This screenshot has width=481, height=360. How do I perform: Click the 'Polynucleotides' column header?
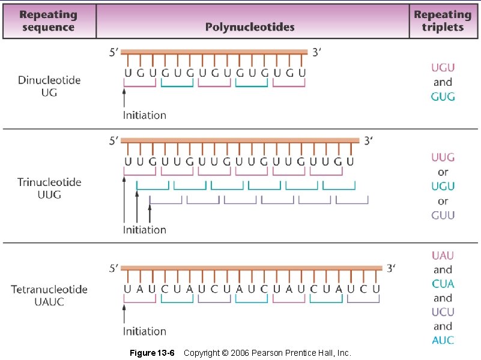coord(250,27)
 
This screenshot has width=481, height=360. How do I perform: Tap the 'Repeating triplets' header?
coord(443,21)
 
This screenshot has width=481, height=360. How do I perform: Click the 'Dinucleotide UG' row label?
coord(49,86)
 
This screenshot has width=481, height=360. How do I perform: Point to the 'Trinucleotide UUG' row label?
coord(49,188)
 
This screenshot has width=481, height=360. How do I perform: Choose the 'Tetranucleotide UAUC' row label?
coord(49,295)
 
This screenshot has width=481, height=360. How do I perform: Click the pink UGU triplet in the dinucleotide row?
coord(443,68)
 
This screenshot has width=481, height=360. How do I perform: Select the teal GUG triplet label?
coord(443,97)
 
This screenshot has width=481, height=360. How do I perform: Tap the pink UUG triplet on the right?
coord(443,158)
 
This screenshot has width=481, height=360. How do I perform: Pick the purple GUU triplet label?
coord(443,215)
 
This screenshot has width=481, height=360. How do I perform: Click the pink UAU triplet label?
coord(443,256)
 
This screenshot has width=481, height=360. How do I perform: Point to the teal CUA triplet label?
coord(443,284)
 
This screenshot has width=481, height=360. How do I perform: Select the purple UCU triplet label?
coord(443,312)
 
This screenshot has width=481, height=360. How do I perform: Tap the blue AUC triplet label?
coord(443,340)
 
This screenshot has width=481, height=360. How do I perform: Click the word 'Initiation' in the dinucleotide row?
coord(145,115)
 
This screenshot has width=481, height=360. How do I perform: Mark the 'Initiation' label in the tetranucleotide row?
coord(145,331)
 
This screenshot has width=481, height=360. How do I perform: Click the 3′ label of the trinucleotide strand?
coord(370,141)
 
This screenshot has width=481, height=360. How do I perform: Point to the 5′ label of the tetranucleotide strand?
coord(114,269)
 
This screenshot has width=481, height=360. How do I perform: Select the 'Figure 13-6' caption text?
coord(152,353)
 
